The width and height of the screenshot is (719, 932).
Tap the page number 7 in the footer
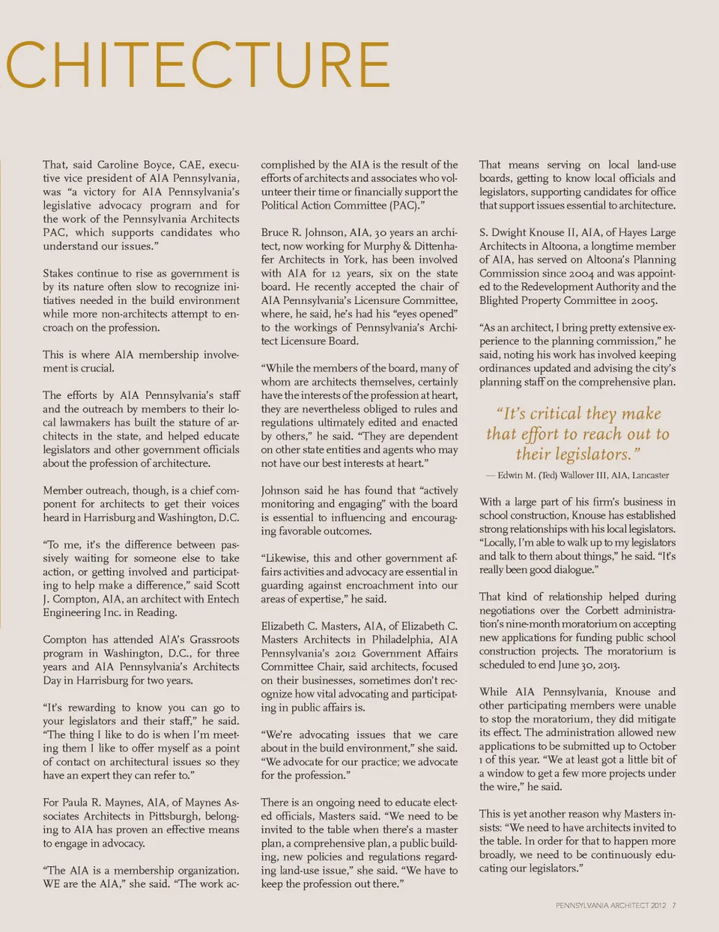tap(674, 906)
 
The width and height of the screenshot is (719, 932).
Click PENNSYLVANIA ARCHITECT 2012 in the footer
tap(610, 906)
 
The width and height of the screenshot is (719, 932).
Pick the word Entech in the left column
tap(222, 599)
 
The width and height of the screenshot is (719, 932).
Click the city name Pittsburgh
tap(163, 816)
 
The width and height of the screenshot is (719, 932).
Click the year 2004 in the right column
tap(572, 273)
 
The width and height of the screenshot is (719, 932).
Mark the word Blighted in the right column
tap(502, 300)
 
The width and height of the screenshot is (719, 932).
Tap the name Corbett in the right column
tap(602, 610)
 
